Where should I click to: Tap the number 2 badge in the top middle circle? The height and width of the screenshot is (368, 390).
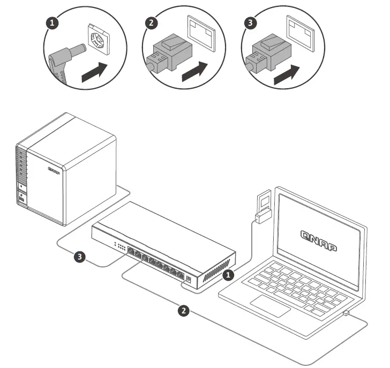coord(151,24)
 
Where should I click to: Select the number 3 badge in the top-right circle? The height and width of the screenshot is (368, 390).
coord(250,24)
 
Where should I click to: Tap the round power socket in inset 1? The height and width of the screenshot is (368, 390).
coord(97,38)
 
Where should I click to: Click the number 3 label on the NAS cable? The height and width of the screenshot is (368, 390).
coord(80,257)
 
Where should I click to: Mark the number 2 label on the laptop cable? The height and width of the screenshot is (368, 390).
coord(184,311)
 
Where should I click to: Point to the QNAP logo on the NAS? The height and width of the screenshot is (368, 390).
coord(54,171)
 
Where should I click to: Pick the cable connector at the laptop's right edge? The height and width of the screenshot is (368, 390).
coord(347,312)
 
